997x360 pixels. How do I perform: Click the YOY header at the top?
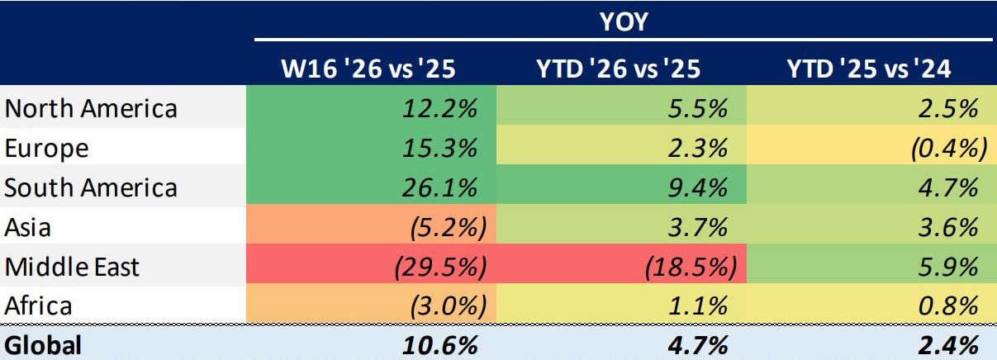623,21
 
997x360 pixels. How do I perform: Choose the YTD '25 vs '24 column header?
868,69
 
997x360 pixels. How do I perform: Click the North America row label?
91,108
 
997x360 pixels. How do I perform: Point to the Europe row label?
48,148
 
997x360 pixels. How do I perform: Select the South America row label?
91,187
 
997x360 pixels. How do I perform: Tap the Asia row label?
30,227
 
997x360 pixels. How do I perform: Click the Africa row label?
40,306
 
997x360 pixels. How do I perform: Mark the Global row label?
44,345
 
